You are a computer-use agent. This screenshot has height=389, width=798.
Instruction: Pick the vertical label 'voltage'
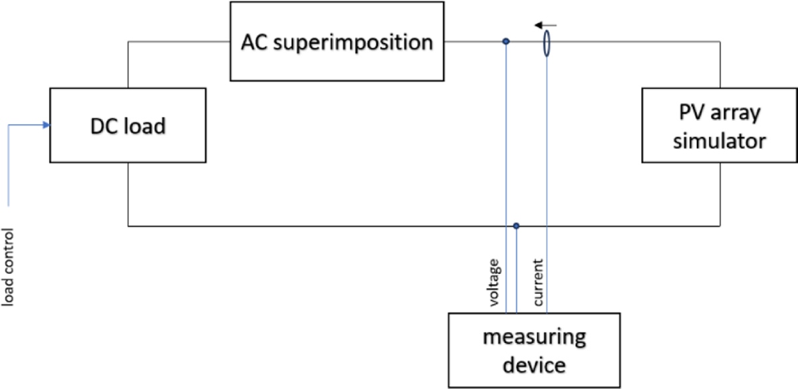[494, 283]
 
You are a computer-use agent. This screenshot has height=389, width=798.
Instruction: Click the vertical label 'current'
[539, 283]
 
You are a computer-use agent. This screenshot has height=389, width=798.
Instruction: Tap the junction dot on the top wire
[506, 42]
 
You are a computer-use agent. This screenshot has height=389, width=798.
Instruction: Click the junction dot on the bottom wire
[516, 226]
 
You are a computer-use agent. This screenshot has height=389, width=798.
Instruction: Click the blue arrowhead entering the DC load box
[46, 124]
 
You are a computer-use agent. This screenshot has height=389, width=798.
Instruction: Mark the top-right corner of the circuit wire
[721, 42]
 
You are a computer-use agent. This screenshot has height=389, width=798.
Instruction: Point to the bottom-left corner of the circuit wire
[128, 226]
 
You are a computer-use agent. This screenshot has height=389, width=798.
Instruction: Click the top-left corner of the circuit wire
[128, 42]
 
